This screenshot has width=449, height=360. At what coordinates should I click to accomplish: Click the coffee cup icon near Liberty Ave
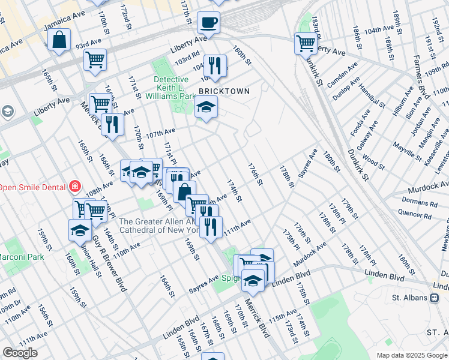click(208, 23)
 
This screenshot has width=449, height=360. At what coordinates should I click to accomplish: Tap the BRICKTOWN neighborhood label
click(224, 91)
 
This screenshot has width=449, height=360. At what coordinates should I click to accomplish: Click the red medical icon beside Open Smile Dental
click(75, 186)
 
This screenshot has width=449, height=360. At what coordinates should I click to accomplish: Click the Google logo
click(20, 353)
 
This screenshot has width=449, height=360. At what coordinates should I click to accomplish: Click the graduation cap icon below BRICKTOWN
click(206, 107)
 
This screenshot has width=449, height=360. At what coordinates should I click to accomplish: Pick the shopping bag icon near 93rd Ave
click(60, 41)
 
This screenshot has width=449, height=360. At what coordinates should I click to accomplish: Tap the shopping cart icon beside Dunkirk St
click(306, 42)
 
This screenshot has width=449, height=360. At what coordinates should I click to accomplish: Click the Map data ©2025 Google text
click(411, 355)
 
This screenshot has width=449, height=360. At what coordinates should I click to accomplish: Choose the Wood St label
click(373, 163)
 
